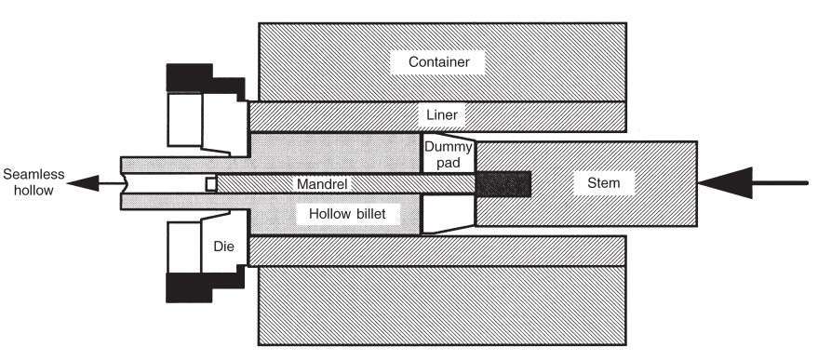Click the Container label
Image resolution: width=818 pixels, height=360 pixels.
point(438,62)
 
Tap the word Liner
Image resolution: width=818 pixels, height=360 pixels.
point(442,114)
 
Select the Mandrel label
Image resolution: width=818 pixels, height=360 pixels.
point(321,184)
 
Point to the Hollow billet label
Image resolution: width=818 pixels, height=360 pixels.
point(347,214)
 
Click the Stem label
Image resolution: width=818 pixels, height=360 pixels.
point(604,183)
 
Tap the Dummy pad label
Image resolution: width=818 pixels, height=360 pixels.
point(449,155)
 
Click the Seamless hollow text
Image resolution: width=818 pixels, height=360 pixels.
point(34,182)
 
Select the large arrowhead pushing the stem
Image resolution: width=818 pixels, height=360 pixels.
point(725,183)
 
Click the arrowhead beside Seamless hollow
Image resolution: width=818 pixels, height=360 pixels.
point(84,183)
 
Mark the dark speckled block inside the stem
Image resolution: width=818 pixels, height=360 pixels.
point(503,184)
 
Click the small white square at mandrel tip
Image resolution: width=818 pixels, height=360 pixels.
point(210,184)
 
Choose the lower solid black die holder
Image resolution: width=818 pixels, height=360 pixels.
point(205,285)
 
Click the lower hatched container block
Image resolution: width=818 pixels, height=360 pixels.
point(442,306)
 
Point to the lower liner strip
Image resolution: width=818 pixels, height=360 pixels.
point(437,251)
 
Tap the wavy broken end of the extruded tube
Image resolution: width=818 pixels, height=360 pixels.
point(124,183)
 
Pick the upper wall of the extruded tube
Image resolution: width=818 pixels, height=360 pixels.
point(185,165)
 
